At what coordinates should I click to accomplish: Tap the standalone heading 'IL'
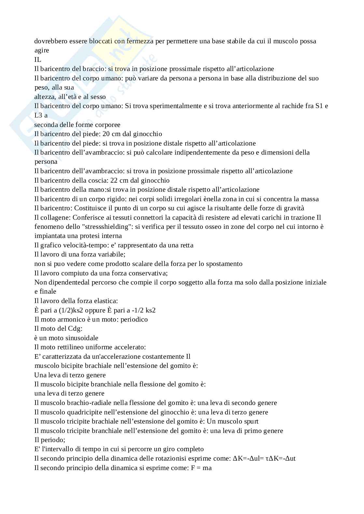38,60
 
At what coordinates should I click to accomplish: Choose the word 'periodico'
134,319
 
